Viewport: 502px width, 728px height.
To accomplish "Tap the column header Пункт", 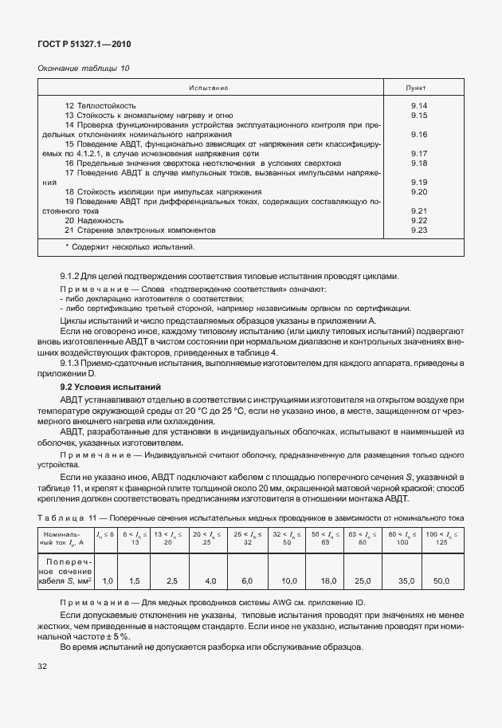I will (x=420, y=85).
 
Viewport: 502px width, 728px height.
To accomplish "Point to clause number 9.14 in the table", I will (x=419, y=106).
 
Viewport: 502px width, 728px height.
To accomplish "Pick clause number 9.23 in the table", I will (x=419, y=230).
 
